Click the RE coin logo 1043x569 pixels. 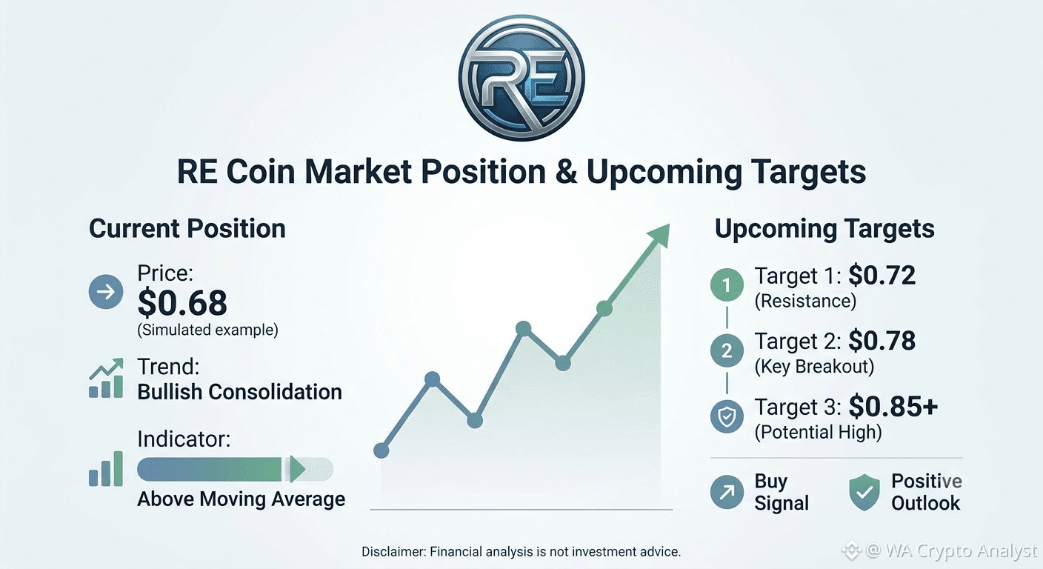(x=521, y=78)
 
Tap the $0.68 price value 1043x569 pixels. (x=182, y=303)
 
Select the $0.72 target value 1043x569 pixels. (x=882, y=275)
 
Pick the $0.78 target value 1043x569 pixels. (x=882, y=341)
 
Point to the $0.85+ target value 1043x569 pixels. (x=893, y=407)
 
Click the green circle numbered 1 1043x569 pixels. (x=727, y=285)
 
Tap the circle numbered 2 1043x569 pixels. (x=727, y=350)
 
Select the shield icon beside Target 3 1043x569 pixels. (x=727, y=416)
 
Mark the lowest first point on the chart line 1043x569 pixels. (x=381, y=450)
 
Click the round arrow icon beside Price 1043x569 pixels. (x=106, y=292)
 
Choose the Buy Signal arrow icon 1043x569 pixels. (x=727, y=492)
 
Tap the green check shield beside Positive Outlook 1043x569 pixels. (x=864, y=492)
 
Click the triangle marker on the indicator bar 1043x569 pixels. (x=297, y=469)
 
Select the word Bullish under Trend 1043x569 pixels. (x=170, y=392)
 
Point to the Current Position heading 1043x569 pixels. (x=187, y=229)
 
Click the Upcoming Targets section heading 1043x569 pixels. (x=824, y=229)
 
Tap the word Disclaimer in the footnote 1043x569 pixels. (x=393, y=552)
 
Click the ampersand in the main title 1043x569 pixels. (x=566, y=172)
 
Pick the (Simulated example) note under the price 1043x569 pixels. (x=207, y=330)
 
